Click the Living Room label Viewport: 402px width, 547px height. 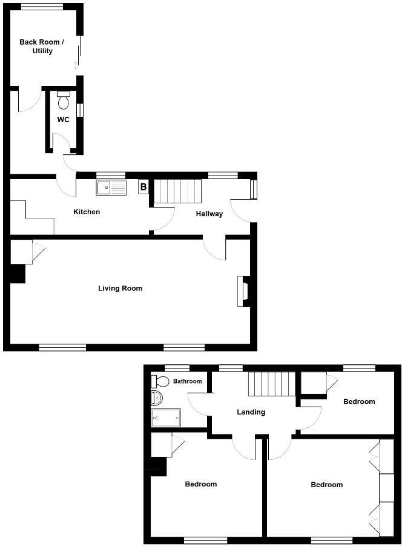pyautogui.click(x=120, y=289)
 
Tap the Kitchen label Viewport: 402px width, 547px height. pyautogui.click(x=87, y=212)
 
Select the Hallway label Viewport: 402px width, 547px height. pyautogui.click(x=209, y=214)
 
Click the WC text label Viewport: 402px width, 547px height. pyautogui.click(x=63, y=120)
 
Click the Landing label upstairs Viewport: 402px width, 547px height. pyautogui.click(x=251, y=412)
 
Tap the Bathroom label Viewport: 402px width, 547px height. pyautogui.click(x=187, y=381)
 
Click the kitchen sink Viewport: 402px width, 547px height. pyautogui.click(x=111, y=188)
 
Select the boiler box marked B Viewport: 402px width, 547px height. pyautogui.click(x=143, y=187)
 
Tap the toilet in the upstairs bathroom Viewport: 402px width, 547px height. pyautogui.click(x=160, y=381)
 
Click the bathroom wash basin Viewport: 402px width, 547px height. pyautogui.click(x=156, y=398)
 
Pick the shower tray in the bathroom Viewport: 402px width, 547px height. pyautogui.click(x=166, y=418)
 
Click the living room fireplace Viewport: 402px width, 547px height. pyautogui.click(x=243, y=291)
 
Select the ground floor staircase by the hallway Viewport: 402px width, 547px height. pyautogui.click(x=177, y=191)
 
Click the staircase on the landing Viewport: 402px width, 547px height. pyautogui.click(x=272, y=384)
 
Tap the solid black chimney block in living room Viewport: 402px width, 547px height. pyautogui.click(x=18, y=274)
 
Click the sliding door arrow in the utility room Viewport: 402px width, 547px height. pyautogui.click(x=76, y=65)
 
